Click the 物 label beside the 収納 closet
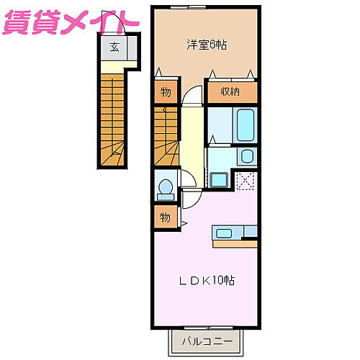(x=165, y=92)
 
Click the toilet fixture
(x=165, y=188)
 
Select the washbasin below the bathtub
(x=247, y=156)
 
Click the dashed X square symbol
(x=247, y=181)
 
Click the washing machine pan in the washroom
(x=218, y=179)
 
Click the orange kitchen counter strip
(x=234, y=243)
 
